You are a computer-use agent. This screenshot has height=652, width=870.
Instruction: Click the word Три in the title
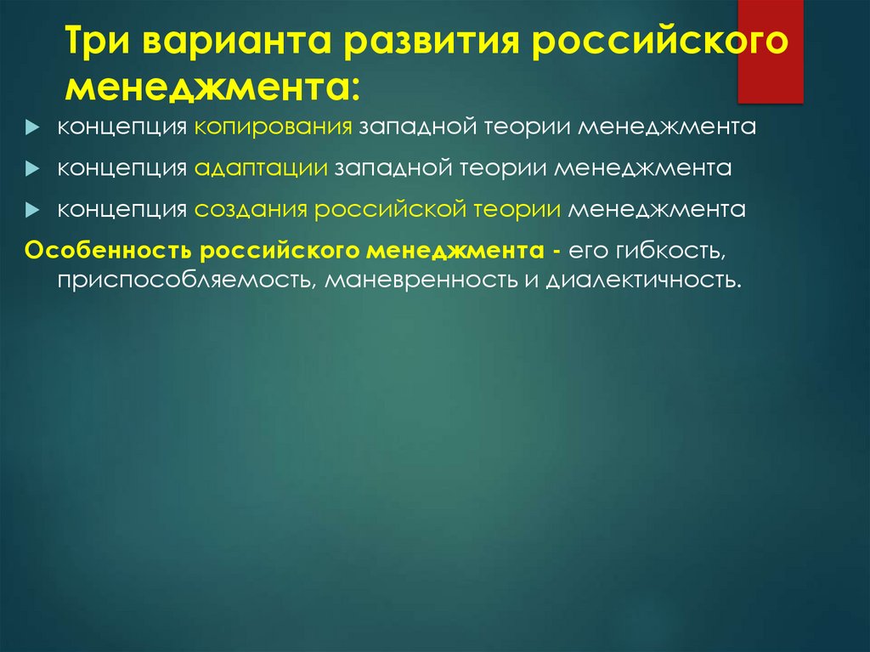click(97, 43)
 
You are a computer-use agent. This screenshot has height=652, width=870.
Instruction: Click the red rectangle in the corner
click(770, 51)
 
